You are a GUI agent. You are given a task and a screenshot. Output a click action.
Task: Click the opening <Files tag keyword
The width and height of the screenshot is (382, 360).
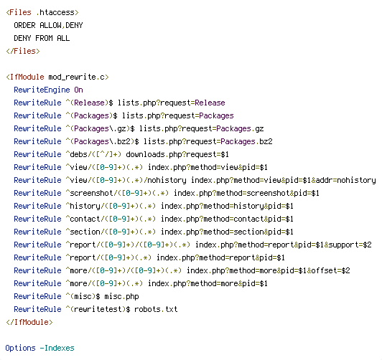pos(19,12)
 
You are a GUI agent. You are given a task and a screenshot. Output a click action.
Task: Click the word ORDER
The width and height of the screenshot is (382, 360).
pos(24,25)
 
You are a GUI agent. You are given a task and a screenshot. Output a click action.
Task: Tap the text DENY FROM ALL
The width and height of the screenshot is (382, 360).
pos(42,38)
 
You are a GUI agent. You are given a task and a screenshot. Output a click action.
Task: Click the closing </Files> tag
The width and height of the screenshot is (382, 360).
pos(23,51)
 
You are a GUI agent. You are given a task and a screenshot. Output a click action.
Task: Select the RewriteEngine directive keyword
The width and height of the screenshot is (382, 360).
pos(42,90)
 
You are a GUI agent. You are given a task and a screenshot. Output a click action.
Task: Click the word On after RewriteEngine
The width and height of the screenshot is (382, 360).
pos(78,90)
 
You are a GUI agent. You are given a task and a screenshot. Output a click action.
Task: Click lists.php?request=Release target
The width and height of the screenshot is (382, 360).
pos(172,103)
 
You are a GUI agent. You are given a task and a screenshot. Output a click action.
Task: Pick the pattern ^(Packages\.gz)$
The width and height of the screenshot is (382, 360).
pos(100,128)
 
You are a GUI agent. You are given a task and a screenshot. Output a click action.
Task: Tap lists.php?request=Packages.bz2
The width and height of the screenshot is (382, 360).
pos(208,141)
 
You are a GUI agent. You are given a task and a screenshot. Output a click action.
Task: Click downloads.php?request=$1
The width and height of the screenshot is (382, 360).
pos(177,154)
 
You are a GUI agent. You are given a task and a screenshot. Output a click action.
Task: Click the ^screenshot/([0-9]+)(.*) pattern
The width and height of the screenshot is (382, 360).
pos(117,193)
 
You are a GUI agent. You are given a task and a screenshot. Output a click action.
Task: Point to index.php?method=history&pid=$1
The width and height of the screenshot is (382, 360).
pos(227,206)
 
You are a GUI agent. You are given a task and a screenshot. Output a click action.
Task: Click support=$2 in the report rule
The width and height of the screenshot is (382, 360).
pos(350,245)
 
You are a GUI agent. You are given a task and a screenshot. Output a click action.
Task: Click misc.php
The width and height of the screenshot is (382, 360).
pos(121,296)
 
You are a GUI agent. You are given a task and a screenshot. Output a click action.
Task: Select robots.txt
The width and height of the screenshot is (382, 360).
pos(156,309)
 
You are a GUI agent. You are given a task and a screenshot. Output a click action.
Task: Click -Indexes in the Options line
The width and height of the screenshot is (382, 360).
pos(57,348)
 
